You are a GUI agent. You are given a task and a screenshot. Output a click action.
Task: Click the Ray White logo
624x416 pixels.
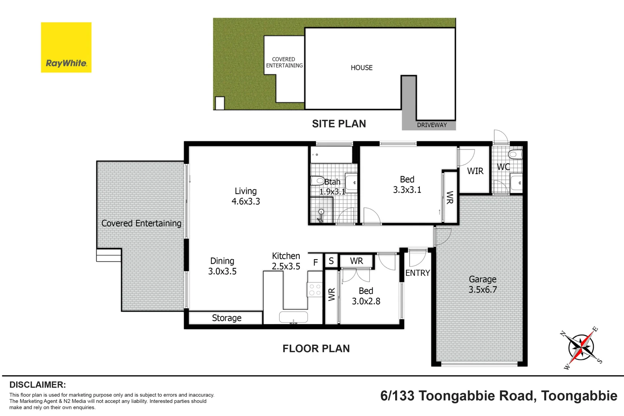tap(66, 47)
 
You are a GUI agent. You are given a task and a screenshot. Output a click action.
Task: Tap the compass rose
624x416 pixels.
tap(581, 347)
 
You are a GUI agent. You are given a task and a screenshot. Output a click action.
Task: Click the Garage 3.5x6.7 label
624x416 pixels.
tap(483, 284)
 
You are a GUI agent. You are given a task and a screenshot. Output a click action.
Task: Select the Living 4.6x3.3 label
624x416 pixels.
tap(246, 196)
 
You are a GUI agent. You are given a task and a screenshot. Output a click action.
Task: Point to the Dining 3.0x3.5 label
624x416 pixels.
tap(222, 266)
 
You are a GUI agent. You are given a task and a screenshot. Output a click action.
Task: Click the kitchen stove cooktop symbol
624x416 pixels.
tap(315, 290)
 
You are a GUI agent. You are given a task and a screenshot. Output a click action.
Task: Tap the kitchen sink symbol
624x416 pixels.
tap(294, 317)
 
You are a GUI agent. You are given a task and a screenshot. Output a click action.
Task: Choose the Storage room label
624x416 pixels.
tap(226, 318)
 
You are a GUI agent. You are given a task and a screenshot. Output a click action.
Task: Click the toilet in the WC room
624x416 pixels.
tap(515, 155)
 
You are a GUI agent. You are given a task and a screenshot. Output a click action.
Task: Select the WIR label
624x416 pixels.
tap(475, 171)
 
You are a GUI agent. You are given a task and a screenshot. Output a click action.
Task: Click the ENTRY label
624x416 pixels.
tap(418, 273)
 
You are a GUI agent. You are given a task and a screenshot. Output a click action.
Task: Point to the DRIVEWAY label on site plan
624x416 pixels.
tap(432, 125)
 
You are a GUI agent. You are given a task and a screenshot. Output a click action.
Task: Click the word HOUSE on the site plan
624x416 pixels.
tap(361, 68)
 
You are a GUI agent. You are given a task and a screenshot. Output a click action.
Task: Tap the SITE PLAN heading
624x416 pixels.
tap(339, 124)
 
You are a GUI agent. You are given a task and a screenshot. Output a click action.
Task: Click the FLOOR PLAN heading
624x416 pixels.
tap(316, 349)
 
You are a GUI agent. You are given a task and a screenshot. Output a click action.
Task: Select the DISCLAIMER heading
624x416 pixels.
tap(38, 385)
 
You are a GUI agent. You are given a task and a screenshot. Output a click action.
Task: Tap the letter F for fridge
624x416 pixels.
tap(315, 263)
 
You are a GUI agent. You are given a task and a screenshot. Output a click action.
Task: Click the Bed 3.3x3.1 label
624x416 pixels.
tap(407, 185)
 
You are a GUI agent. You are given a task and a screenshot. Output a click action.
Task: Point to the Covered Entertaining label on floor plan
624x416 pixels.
tap(141, 223)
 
